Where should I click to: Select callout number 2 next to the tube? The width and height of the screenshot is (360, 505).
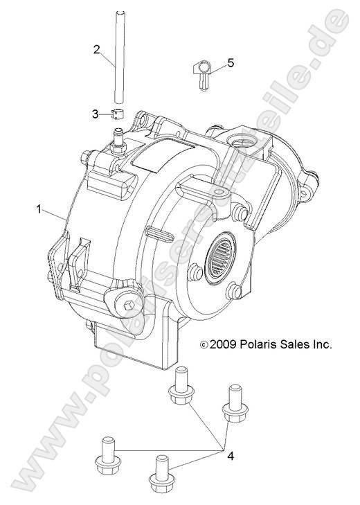click(98, 48)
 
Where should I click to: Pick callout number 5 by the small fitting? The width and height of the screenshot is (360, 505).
click(231, 63)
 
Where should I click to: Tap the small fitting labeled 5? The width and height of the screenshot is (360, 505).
click(202, 72)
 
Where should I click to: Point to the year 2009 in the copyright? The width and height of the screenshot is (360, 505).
click(223, 343)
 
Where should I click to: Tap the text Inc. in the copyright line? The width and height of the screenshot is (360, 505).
click(323, 343)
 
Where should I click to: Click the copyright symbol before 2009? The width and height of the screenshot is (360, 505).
click(203, 344)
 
